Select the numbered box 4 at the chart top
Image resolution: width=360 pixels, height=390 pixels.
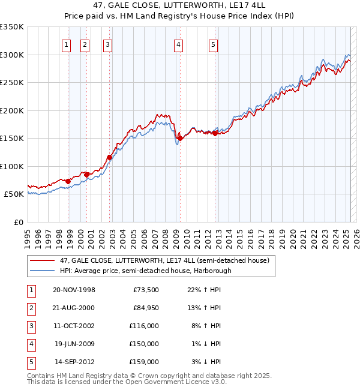pyautogui.click(x=179, y=43)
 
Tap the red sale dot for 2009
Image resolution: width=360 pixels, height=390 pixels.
pyautogui.click(x=180, y=138)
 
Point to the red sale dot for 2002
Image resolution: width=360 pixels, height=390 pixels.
pyautogui.click(x=109, y=157)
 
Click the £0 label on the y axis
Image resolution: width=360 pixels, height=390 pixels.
pyautogui.click(x=19, y=222)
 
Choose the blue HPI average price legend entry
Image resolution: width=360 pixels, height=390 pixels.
pyautogui.click(x=145, y=271)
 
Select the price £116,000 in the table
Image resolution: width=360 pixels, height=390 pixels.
pyautogui.click(x=144, y=326)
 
